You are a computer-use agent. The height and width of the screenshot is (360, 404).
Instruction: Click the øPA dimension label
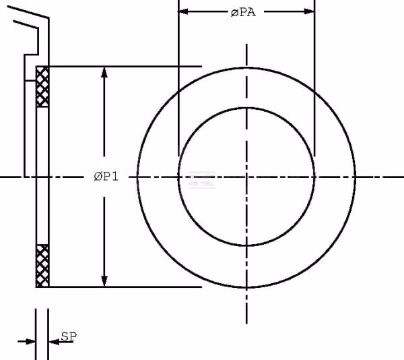pyautogui.click(x=243, y=12)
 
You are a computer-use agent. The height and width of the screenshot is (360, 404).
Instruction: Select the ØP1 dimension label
pyautogui.click(x=106, y=177)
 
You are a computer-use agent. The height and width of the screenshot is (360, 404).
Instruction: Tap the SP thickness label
pyautogui.click(x=69, y=336)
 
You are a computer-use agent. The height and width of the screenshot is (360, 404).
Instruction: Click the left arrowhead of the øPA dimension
pyautogui.click(x=183, y=11)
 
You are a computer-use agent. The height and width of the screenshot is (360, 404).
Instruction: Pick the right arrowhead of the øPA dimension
pyautogui.click(x=310, y=11)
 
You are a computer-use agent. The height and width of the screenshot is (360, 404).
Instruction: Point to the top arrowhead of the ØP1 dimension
pyautogui.click(x=104, y=72)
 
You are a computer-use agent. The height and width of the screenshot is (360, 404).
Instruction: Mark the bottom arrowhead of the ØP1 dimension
pyautogui.click(x=104, y=281)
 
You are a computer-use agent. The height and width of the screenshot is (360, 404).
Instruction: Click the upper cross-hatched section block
pyautogui.click(x=42, y=87)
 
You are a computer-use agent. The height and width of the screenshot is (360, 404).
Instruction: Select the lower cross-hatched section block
pyautogui.click(x=42, y=266)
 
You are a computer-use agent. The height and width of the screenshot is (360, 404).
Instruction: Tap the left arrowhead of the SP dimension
pyautogui.click(x=30, y=342)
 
